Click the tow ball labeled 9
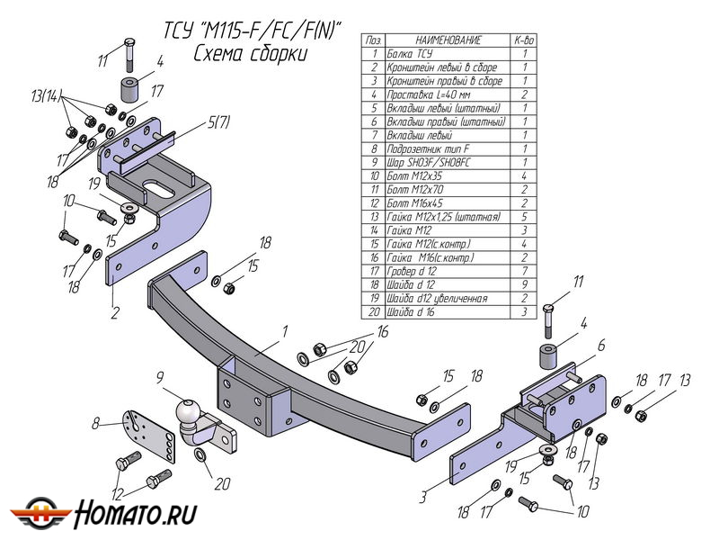pyautogui.click(x=191, y=415)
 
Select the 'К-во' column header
pyautogui.click(x=524, y=40)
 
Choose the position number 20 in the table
pyautogui.click(x=373, y=311)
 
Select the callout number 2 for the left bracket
pyautogui.click(x=115, y=313)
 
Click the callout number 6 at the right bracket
pyautogui.click(x=601, y=344)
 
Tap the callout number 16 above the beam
pyautogui.click(x=382, y=332)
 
